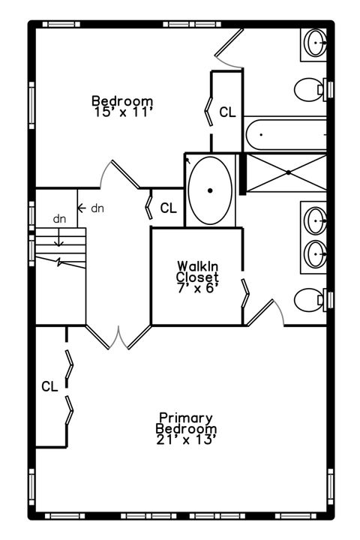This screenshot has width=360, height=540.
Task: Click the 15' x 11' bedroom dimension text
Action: (123, 112)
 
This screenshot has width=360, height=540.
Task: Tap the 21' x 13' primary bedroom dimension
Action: (186, 439)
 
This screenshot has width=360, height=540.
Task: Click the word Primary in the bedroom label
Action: (186, 418)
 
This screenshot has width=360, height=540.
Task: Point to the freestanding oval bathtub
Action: (210, 190)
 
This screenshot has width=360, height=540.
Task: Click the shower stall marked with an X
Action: (286, 172)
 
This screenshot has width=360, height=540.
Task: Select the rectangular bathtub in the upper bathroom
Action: (286, 134)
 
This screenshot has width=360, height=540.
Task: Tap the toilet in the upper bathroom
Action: (310, 89)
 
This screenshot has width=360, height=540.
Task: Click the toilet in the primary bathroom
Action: (310, 300)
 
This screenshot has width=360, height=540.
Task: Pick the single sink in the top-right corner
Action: (316, 43)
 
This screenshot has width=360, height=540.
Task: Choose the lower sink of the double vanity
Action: (316, 254)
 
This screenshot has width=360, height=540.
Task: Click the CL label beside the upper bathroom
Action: (228, 112)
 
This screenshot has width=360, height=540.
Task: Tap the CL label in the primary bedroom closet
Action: (49, 386)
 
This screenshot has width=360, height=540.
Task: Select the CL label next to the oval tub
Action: (169, 208)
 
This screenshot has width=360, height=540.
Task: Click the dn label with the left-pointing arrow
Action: (91, 208)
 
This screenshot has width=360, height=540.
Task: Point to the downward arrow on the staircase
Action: (59, 238)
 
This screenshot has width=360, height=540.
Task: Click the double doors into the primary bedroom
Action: (118, 337)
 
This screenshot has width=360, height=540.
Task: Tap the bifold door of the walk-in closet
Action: (244, 293)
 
